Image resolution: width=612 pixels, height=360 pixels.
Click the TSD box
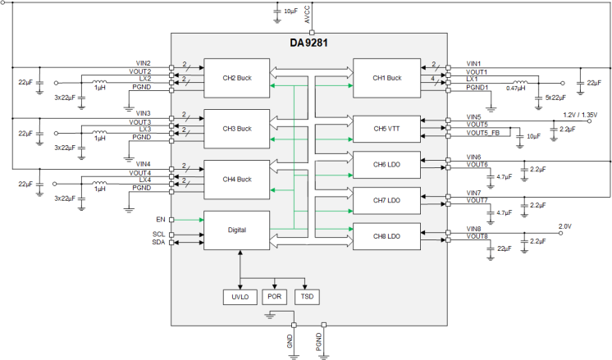pyautogui.click(x=306, y=296)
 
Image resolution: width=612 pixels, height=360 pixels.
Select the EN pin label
pyautogui.click(x=161, y=219)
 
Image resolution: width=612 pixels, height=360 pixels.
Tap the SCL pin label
pyautogui.click(x=158, y=234)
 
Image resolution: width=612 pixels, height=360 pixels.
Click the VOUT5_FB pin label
pyautogui.click(x=483, y=132)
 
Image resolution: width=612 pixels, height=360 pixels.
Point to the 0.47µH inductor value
pyautogui.click(x=516, y=88)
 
